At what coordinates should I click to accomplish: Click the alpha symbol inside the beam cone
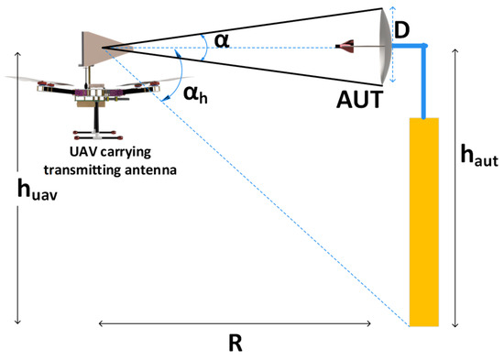tap(221, 40)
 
